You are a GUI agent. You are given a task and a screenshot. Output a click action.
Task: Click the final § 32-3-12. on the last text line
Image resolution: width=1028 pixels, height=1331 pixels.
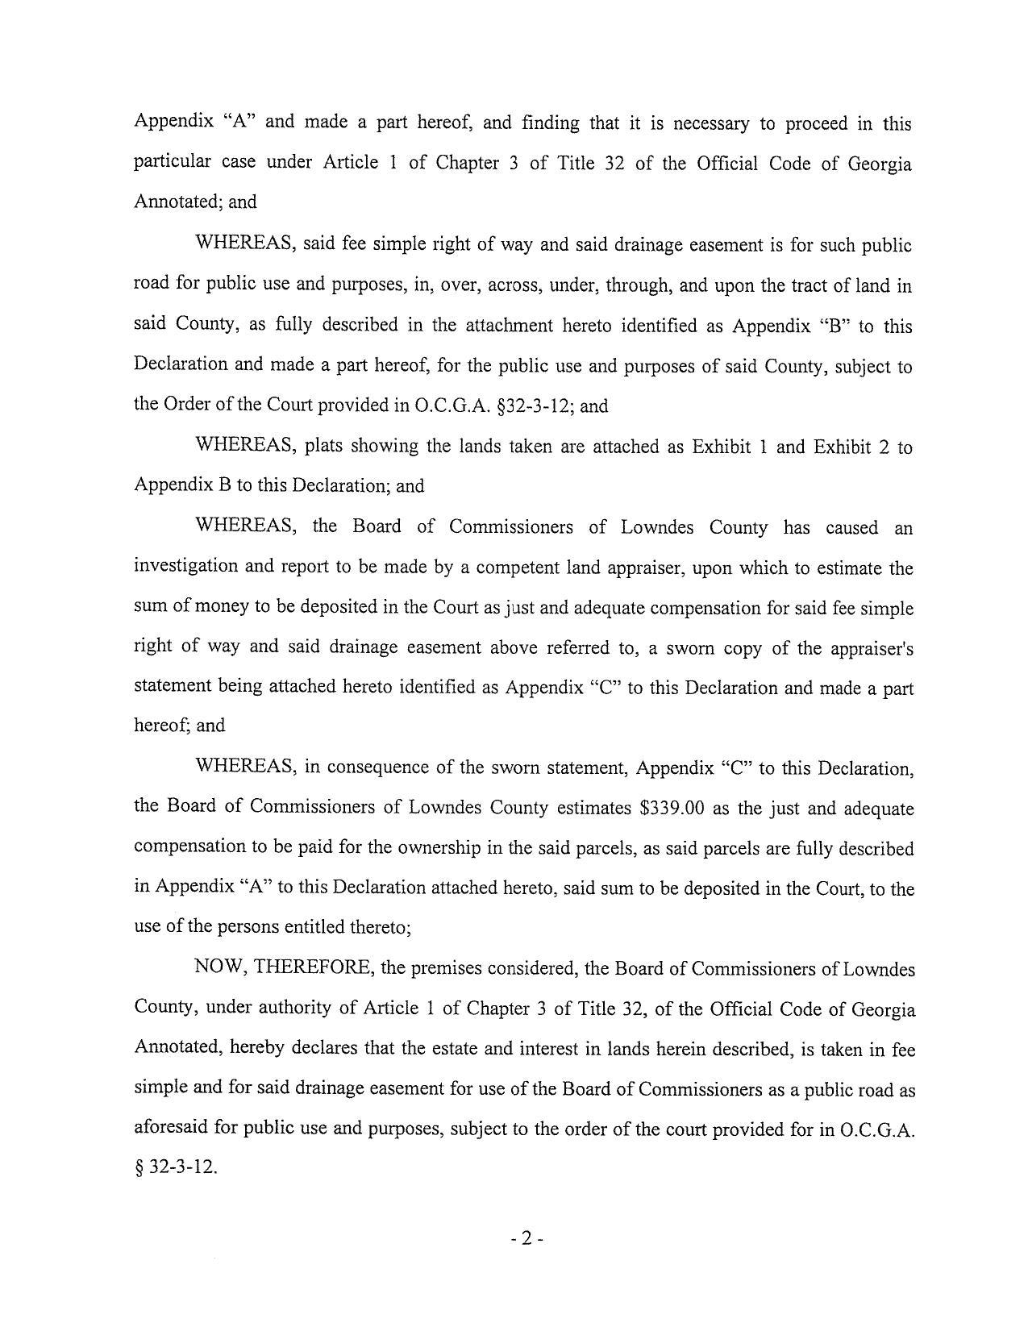pos(176,1167)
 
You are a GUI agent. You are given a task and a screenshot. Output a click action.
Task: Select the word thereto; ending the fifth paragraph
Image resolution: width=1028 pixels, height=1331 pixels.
pos(380,927)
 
